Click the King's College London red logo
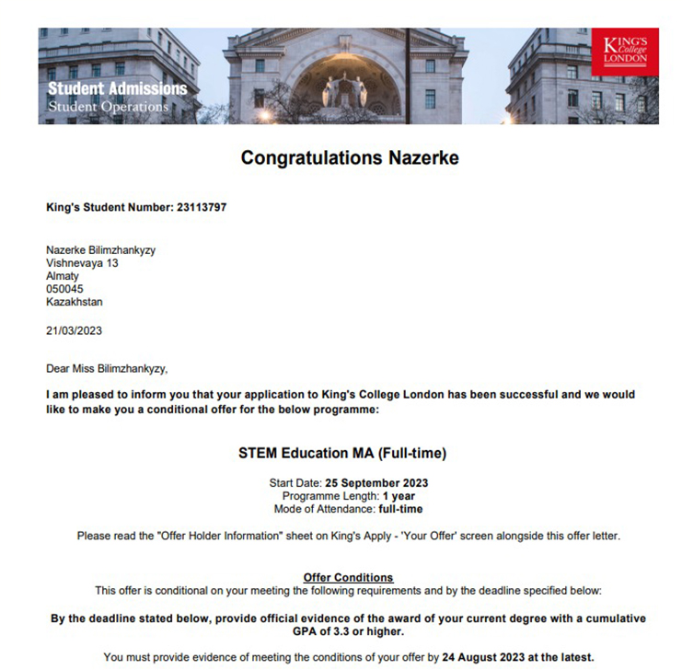pyautogui.click(x=625, y=52)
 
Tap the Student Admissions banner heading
pyautogui.click(x=117, y=89)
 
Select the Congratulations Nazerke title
pyautogui.click(x=350, y=158)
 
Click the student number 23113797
pyautogui.click(x=201, y=207)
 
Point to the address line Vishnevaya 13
pyautogui.click(x=82, y=263)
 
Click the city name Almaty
pyautogui.click(x=63, y=276)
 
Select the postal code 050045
pyautogui.click(x=64, y=289)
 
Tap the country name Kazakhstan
pyautogui.click(x=75, y=302)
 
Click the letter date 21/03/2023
pyautogui.click(x=75, y=331)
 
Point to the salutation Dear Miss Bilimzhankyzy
pyautogui.click(x=108, y=369)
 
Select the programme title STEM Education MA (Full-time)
pyautogui.click(x=342, y=454)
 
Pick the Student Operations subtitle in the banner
pyautogui.click(x=108, y=107)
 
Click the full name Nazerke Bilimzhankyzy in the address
pyautogui.click(x=107, y=250)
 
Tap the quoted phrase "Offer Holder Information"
pyautogui.click(x=201, y=536)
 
